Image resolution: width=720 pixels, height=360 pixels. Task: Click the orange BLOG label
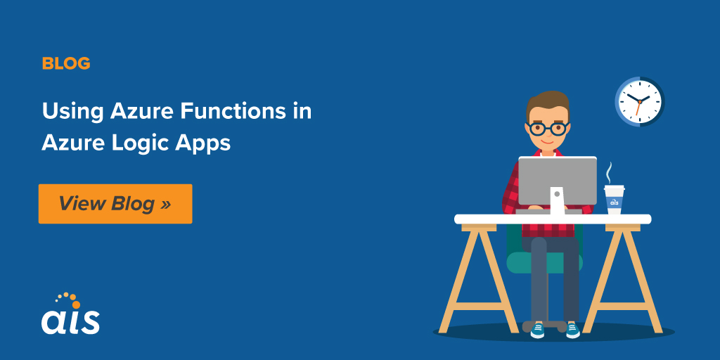[66, 63]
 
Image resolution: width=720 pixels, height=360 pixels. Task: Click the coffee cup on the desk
[614, 200]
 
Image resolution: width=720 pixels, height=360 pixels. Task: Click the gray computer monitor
[557, 180]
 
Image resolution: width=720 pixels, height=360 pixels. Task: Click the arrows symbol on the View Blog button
[165, 204]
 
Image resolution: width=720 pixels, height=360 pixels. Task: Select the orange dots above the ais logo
[65, 298]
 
